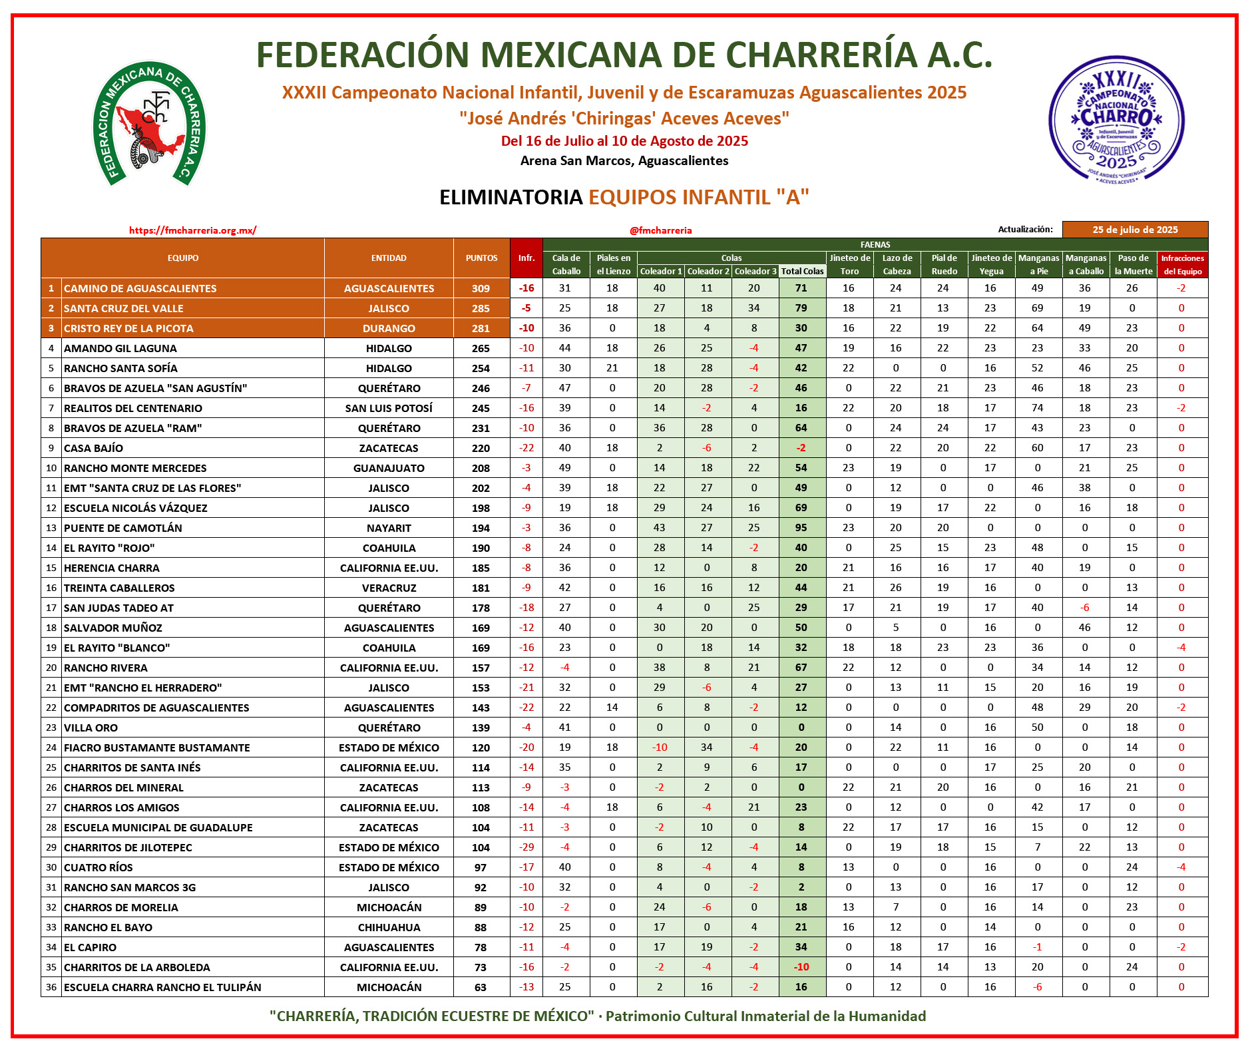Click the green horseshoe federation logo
click(149, 124)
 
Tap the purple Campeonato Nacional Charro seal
click(1116, 120)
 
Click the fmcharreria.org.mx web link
click(192, 230)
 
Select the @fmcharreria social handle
click(660, 230)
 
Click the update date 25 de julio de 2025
click(1135, 230)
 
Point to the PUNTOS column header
click(481, 258)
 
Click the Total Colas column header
click(802, 272)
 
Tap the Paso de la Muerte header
click(1133, 264)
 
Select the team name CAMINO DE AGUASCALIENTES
click(140, 288)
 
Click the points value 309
click(481, 288)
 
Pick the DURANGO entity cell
click(389, 328)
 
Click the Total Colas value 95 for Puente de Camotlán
click(801, 528)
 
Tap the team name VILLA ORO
click(91, 728)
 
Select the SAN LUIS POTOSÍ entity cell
click(389, 408)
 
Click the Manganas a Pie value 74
click(1037, 408)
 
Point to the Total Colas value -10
click(801, 967)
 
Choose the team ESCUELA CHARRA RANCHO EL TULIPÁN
click(162, 987)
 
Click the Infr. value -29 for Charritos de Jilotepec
click(526, 847)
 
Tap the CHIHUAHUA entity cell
click(389, 927)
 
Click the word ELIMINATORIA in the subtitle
click(511, 197)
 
